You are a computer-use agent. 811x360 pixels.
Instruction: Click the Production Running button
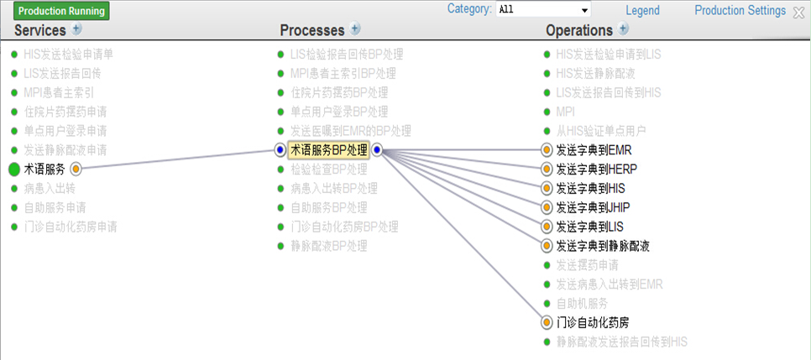[x=61, y=11]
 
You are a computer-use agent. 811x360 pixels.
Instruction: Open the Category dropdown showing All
[x=542, y=10]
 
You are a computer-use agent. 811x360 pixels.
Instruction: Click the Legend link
[x=642, y=11]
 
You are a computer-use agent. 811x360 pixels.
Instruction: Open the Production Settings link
[x=740, y=11]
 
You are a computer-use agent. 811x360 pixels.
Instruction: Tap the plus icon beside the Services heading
[x=77, y=29]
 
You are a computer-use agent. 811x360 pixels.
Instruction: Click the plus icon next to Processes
[x=355, y=29]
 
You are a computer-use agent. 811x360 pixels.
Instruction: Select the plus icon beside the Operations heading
[x=623, y=29]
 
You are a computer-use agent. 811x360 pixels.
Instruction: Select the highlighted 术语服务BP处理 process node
[x=328, y=150]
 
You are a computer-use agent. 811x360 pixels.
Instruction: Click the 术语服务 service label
[x=44, y=170]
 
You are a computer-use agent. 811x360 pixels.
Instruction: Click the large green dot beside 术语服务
[x=14, y=170]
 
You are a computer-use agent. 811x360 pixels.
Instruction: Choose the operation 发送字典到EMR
[x=593, y=150]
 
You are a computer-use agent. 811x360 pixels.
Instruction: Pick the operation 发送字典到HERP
[x=596, y=170]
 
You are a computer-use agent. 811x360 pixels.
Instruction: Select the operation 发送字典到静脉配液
[x=603, y=246]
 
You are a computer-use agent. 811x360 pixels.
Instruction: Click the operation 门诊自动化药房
[x=592, y=322]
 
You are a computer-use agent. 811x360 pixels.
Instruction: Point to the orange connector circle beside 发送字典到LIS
[x=547, y=227]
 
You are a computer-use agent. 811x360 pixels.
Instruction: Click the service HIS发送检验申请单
[x=68, y=55]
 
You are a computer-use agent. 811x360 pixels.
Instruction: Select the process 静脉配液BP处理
[x=328, y=246]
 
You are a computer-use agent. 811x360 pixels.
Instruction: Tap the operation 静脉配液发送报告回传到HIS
[x=621, y=342]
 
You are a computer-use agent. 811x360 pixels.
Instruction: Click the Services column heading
[x=40, y=30]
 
